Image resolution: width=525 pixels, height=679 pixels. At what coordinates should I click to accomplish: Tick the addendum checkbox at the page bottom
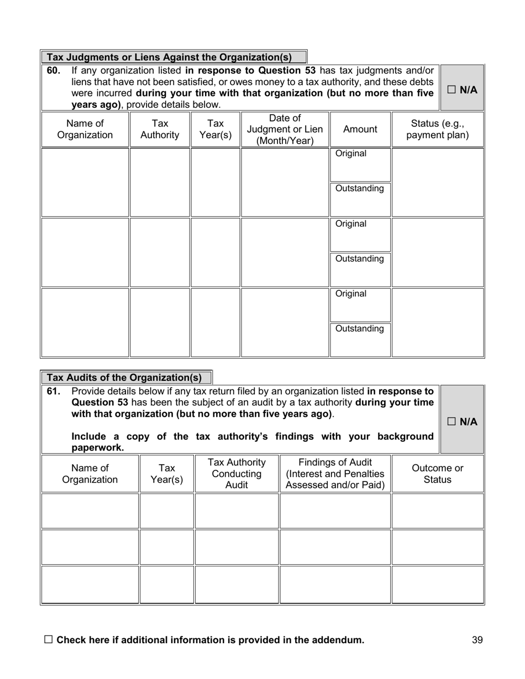[x=48, y=639]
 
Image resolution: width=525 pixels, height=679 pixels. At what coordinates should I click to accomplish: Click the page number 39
[x=477, y=640]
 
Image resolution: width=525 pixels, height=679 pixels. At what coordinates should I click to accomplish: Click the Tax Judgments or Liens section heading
[x=169, y=57]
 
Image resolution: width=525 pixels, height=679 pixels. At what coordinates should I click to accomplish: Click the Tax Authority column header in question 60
[x=160, y=129]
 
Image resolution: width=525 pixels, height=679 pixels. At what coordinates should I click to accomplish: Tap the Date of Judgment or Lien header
[x=285, y=129]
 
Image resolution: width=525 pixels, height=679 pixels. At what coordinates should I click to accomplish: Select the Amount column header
[x=360, y=129]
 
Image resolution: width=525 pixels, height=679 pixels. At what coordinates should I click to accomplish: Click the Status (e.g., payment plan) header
[x=437, y=129]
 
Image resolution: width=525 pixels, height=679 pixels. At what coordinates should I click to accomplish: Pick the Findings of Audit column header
[x=335, y=474]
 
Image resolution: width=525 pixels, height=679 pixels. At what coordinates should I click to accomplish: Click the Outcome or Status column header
[x=437, y=474]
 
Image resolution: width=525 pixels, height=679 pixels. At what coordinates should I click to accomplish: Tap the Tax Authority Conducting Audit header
[x=237, y=474]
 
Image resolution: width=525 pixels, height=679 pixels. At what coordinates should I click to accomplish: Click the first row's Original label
[x=351, y=153]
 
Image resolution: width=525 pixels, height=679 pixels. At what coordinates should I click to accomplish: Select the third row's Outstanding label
[x=360, y=329]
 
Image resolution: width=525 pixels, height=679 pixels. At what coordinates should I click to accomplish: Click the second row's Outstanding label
[x=360, y=259]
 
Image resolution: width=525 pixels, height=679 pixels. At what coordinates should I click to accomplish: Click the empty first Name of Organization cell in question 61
[x=90, y=511]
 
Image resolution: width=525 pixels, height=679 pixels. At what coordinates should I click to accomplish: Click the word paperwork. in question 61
[x=98, y=448]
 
